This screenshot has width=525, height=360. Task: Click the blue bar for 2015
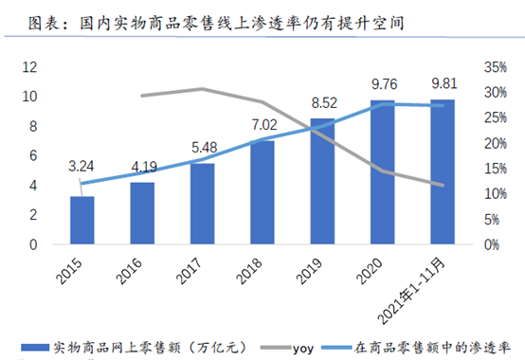click(81, 220)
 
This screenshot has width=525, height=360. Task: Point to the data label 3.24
click(81, 167)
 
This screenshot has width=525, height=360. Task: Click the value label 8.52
click(322, 103)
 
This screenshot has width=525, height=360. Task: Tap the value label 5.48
click(202, 148)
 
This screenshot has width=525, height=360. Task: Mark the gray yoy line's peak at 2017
click(202, 89)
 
